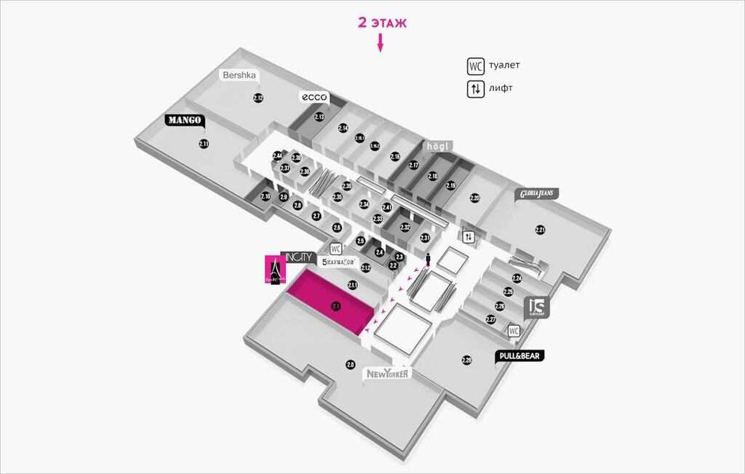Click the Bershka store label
tap(241, 75)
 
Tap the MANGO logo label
tap(185, 120)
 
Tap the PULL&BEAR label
tap(520, 356)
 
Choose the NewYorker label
tap(389, 374)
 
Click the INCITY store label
tap(298, 257)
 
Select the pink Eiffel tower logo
tap(275, 269)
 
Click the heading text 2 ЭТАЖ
tap(382, 23)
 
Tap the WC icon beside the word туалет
tap(475, 66)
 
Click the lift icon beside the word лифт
tap(475, 89)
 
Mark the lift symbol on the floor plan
tap(469, 236)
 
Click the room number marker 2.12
tap(258, 97)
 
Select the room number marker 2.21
tap(540, 230)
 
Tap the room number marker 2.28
tap(467, 360)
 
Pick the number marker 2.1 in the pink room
tap(336, 306)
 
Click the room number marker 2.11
tap(204, 144)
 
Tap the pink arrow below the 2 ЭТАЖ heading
tap(379, 45)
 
